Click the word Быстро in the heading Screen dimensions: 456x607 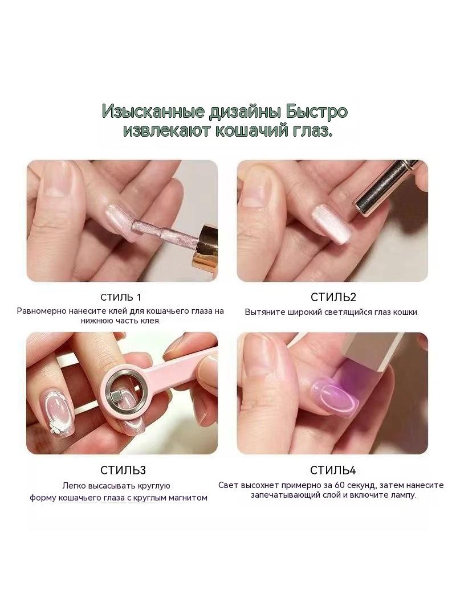tap(317, 112)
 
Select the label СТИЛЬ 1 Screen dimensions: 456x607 tap(120, 297)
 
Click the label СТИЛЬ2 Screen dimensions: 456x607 tap(333, 297)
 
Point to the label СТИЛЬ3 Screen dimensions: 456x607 tap(123, 470)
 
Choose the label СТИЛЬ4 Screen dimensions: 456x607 tap(333, 470)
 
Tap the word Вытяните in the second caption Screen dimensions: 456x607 tap(264, 312)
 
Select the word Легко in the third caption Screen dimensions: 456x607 tap(74, 486)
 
